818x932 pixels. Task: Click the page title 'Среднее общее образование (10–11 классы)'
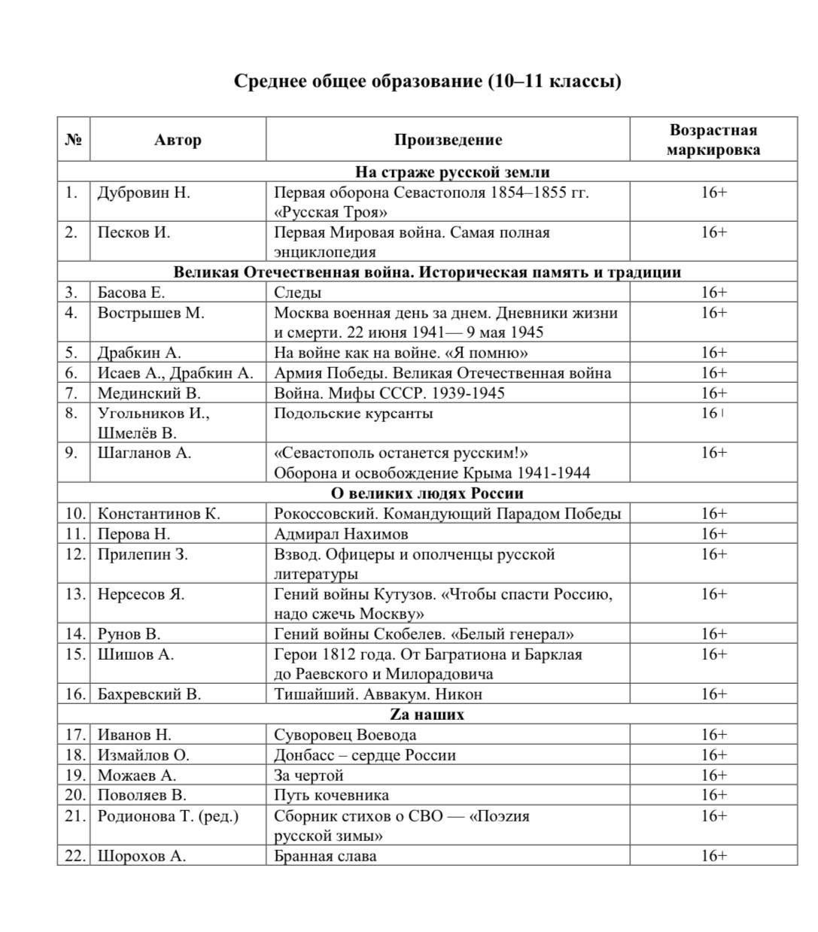[427, 80]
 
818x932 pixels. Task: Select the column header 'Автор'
[178, 140]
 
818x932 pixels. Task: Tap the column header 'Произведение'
[448, 140]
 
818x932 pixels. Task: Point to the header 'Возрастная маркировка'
[713, 140]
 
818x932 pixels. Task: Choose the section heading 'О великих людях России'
[427, 493]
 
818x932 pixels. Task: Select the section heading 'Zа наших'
[427, 715]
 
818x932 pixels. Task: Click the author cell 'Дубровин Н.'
[144, 193]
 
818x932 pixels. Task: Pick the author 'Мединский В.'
[149, 393]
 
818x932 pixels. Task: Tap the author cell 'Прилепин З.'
[143, 554]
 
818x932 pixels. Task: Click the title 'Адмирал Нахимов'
[341, 534]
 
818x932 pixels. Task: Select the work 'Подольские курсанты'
[353, 413]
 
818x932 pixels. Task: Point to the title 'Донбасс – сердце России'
[364, 755]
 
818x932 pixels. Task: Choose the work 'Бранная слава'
[325, 856]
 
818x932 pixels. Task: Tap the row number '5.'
[71, 353]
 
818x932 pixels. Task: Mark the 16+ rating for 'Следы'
[713, 293]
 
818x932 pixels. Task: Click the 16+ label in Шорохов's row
[713, 856]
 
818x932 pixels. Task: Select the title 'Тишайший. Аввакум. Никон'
[378, 694]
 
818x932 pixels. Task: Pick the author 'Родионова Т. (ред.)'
[168, 816]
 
